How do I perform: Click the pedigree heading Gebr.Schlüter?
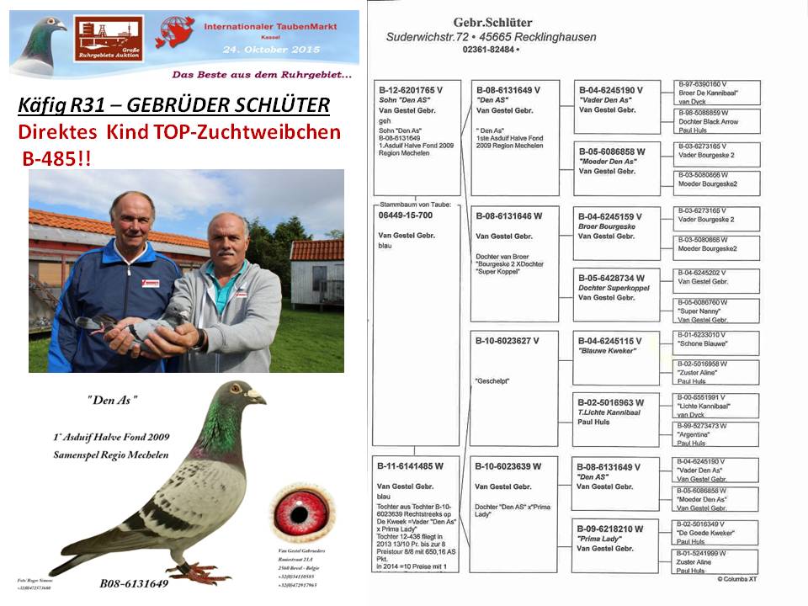(492, 23)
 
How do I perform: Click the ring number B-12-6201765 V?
(410, 88)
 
